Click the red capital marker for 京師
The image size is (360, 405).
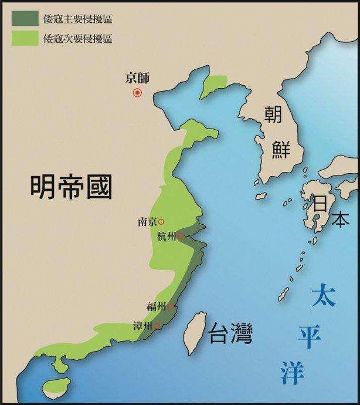pos(138,92)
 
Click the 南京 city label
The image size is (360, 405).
pos(147,222)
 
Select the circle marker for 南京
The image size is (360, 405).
pos(161,222)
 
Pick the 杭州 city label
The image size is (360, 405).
pos(167,237)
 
